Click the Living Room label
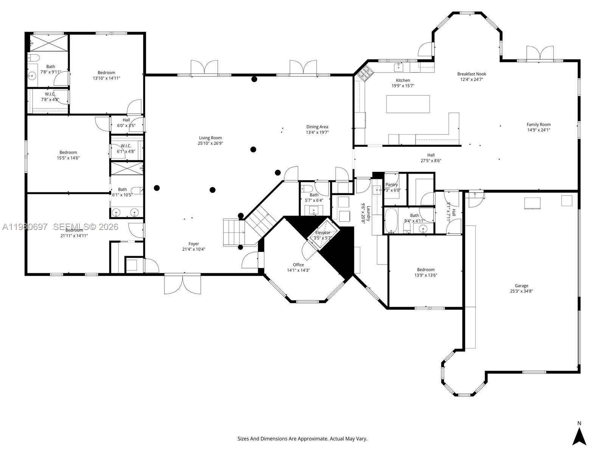[x=210, y=138]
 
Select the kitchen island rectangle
[x=408, y=104]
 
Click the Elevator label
[x=323, y=233]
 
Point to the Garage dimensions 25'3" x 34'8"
[x=521, y=291]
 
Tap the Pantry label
[x=391, y=185]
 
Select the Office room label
[x=298, y=265]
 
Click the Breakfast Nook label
[x=471, y=74]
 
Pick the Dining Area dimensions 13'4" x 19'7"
[x=317, y=132]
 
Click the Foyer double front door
[x=182, y=285]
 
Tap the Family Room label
[x=538, y=124]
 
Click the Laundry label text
[x=368, y=214]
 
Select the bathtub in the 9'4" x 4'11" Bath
[x=391, y=220]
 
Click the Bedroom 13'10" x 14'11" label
[x=106, y=73]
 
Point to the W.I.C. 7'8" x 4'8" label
[x=50, y=94]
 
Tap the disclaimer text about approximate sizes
[x=302, y=438]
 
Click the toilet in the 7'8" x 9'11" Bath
[x=34, y=58]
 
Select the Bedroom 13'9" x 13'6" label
[x=425, y=270]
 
